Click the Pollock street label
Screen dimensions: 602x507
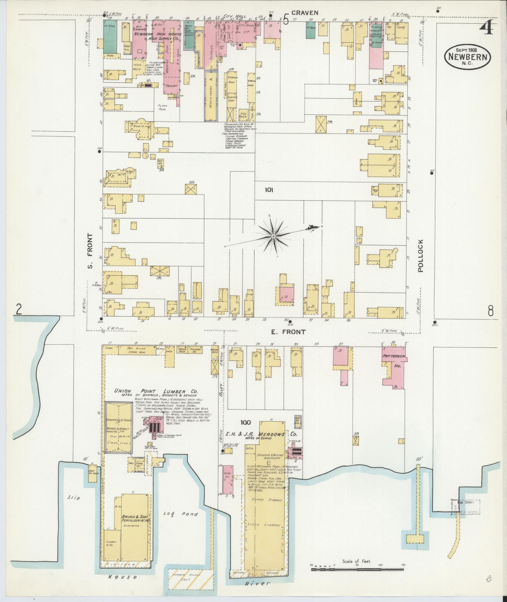(x=421, y=256)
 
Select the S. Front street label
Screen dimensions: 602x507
(x=90, y=251)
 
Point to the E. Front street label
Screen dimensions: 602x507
(x=288, y=332)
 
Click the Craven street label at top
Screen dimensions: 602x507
(x=305, y=13)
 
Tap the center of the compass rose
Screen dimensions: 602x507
(x=273, y=236)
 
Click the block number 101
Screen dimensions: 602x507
(x=269, y=190)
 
